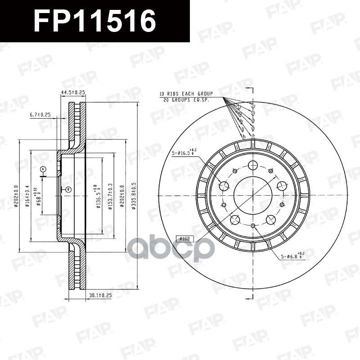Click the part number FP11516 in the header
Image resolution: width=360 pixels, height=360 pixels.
pyautogui.click(x=95, y=21)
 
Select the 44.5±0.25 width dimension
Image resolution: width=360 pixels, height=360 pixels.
pyautogui.click(x=73, y=92)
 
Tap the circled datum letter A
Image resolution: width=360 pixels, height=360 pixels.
pyautogui.click(x=43, y=169)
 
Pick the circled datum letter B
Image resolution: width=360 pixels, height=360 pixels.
pyautogui.click(x=67, y=189)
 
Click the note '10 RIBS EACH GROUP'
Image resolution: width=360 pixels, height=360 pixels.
pyautogui.click(x=186, y=94)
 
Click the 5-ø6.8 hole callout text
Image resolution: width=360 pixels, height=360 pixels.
pyautogui.click(x=293, y=256)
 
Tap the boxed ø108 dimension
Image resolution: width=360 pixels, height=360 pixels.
pyautogui.click(x=184, y=238)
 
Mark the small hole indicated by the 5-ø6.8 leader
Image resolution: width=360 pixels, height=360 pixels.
pyautogui.click(x=253, y=225)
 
